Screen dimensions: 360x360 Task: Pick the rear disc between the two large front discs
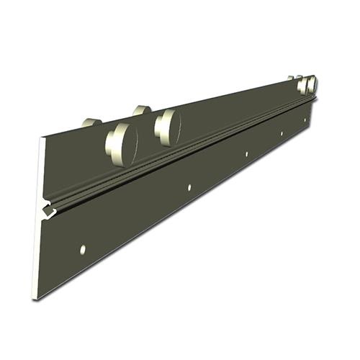142,110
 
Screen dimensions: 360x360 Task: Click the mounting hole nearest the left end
83,249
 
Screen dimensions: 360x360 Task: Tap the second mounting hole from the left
189,187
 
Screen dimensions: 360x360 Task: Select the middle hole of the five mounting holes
246,154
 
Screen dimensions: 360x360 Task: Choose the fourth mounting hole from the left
282,133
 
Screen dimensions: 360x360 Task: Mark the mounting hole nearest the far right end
305,120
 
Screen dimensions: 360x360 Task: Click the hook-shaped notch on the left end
47,211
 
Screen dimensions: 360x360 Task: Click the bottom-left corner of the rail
32,298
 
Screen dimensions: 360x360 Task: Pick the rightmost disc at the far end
312,85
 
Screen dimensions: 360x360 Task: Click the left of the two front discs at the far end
302,86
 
